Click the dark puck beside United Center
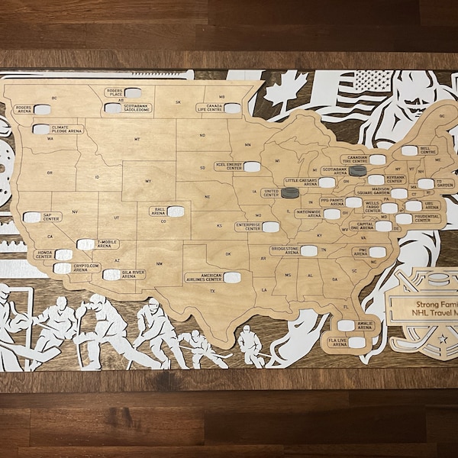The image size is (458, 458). click(x=289, y=192)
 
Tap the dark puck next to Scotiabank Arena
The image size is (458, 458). click(x=357, y=171)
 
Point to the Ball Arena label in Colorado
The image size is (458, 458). click(x=160, y=210)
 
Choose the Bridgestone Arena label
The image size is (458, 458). click(x=285, y=250)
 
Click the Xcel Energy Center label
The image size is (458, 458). click(x=229, y=165)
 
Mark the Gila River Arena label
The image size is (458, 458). click(x=134, y=273)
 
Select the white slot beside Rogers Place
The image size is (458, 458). click(x=133, y=93)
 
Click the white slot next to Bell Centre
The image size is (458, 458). click(x=409, y=151)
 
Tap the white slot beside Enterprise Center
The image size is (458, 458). click(x=270, y=227)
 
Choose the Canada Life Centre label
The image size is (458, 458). click(x=211, y=108)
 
